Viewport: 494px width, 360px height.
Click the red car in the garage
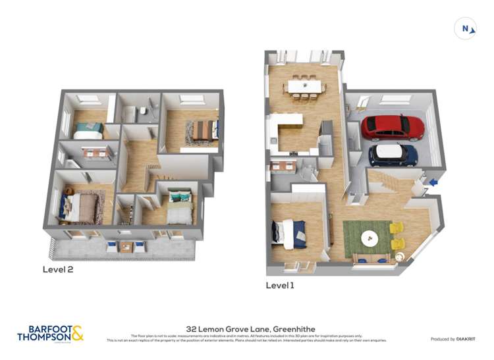coord(393,126)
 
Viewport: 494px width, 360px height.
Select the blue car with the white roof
coord(393,155)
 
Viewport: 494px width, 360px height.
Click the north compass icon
coord(465,28)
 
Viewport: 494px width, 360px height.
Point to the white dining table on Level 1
coord(304,86)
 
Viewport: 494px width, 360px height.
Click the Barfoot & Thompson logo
coord(50,333)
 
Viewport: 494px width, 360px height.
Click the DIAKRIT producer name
coord(464,339)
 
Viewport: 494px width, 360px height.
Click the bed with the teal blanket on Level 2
coord(88,130)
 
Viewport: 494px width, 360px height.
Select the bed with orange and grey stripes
coord(204,132)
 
